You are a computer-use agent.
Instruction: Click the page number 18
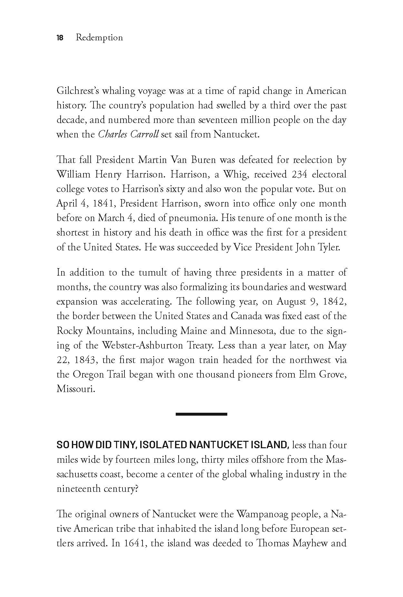(x=60, y=38)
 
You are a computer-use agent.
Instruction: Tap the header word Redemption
(x=99, y=38)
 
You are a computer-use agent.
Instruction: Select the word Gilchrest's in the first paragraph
(x=77, y=91)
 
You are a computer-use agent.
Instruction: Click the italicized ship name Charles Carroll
(x=128, y=134)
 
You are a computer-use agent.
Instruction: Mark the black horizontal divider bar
(x=201, y=414)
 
